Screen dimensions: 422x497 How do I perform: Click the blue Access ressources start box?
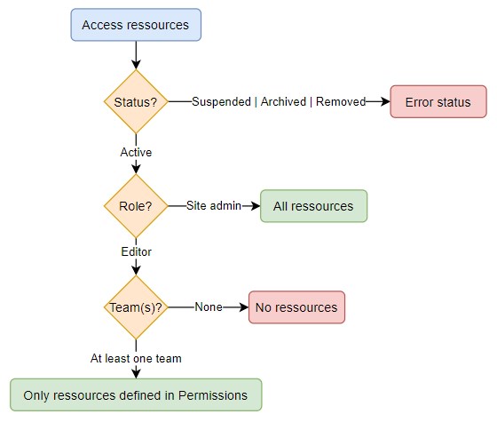136,25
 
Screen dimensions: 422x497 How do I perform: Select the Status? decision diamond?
136,102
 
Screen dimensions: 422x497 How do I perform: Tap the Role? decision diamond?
136,206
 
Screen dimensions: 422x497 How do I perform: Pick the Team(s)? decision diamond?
136,307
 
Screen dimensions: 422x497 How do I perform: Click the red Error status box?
438,102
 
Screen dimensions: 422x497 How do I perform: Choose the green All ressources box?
313,206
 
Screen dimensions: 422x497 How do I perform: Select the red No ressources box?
296,307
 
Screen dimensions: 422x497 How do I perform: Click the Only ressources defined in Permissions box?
136,394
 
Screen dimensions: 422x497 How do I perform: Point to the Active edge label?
136,152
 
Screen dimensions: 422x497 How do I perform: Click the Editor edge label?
136,251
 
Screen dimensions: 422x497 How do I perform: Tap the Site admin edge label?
213,206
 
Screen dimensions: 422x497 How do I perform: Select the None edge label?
208,307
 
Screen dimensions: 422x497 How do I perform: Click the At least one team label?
136,358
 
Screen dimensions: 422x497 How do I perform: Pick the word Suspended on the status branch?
222,102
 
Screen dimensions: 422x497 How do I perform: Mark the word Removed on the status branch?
341,102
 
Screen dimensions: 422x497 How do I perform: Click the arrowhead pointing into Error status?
385,102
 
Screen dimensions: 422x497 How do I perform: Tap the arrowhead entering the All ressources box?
255,206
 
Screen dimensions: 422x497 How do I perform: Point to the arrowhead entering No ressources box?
243,307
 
